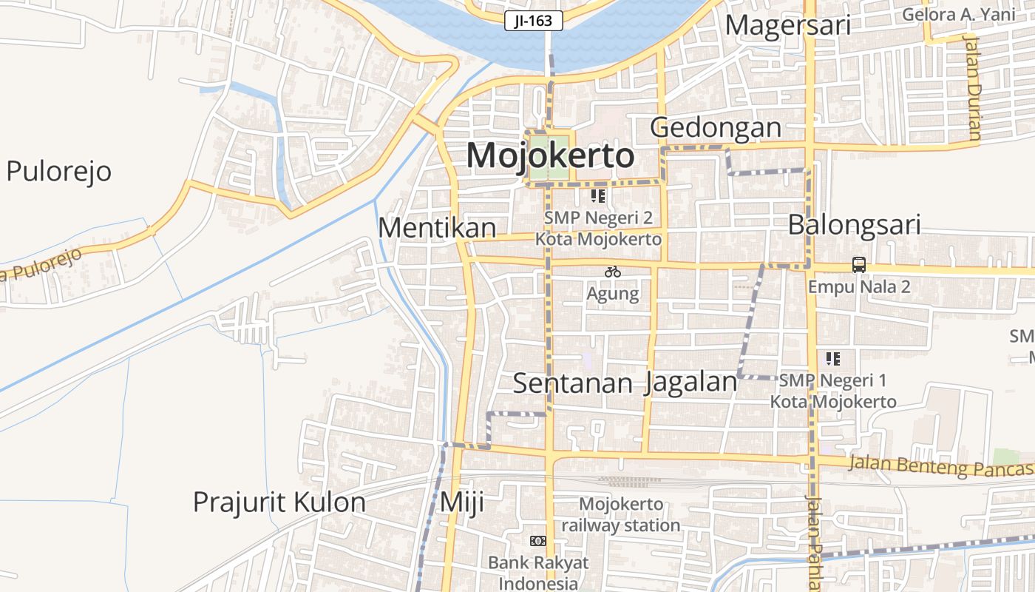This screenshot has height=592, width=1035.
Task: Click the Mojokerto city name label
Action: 550,156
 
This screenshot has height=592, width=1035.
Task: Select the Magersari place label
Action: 787,25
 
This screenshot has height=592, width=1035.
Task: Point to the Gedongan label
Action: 716,127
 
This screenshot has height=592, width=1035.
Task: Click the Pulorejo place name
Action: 58,171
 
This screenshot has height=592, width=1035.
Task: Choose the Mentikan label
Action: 437,228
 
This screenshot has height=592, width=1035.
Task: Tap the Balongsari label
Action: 854,224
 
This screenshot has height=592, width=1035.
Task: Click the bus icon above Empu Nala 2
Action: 858,265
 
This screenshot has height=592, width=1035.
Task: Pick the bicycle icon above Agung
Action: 612,272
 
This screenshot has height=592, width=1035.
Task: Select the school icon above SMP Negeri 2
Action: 598,196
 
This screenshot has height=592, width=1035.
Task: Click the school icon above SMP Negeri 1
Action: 833,359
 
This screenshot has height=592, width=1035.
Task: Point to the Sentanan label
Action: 573,383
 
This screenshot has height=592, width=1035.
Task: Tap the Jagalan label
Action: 691,383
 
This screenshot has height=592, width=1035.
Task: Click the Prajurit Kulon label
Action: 279,502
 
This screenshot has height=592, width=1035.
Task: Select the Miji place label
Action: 461,502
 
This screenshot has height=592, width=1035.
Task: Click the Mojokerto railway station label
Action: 620,515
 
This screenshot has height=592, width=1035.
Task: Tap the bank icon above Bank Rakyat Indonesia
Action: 538,541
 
